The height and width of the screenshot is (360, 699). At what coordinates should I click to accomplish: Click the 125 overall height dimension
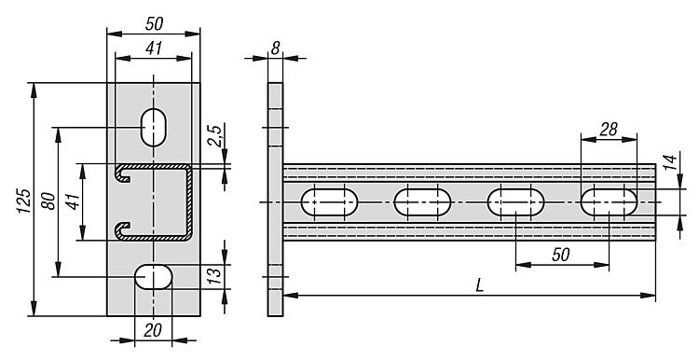25,201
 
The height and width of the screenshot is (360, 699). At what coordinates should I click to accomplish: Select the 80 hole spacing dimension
48,201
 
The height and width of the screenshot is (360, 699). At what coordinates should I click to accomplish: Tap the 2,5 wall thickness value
214,135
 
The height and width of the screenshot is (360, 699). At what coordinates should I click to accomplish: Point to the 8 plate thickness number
276,48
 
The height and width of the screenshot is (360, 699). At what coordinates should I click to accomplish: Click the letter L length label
479,285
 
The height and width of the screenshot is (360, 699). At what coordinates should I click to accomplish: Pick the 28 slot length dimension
609,130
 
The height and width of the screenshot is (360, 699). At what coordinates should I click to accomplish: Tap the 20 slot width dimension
153,330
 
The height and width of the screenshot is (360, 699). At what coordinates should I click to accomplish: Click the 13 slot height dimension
214,276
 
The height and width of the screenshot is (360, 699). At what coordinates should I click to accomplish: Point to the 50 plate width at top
154,24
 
